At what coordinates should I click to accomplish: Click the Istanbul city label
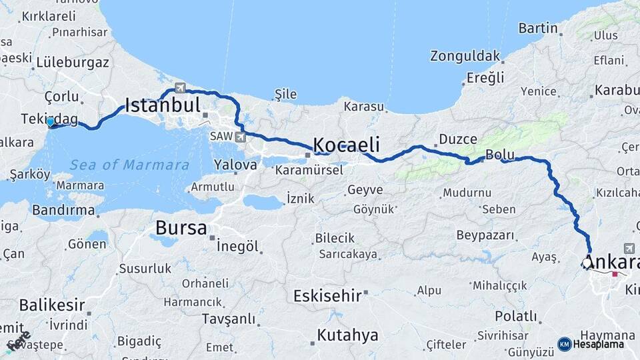163,105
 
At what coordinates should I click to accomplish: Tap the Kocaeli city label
346,145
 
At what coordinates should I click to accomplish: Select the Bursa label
181,228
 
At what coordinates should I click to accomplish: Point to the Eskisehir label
327,295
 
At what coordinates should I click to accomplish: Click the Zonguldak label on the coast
464,55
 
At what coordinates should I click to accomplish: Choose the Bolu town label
499,154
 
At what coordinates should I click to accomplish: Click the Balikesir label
52,305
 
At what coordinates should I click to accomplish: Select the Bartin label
537,28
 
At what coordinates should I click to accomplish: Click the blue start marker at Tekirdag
51,122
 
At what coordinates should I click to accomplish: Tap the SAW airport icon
240,137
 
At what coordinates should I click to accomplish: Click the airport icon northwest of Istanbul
179,87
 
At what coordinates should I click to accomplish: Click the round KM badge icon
564,344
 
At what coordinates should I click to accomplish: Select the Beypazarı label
485,235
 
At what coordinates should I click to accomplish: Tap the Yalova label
235,164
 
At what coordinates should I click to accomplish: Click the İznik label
300,198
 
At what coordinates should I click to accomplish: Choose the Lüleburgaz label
73,63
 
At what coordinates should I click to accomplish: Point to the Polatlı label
515,316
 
